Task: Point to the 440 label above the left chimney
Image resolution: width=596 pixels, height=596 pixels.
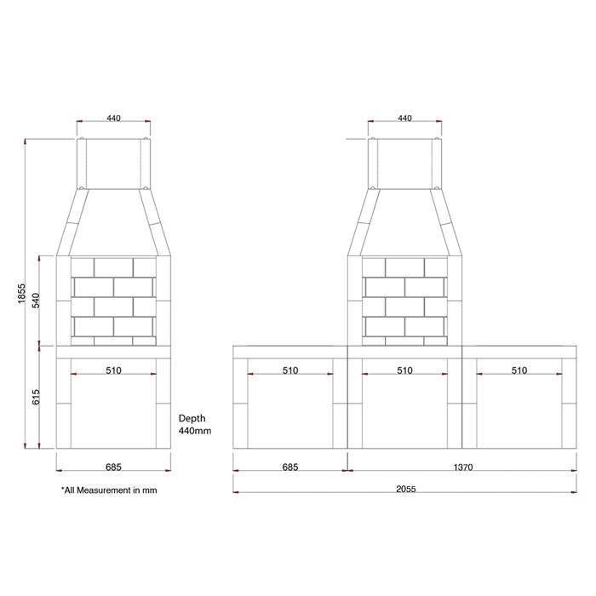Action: click(113, 118)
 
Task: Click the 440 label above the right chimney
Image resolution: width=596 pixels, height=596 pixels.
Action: click(404, 118)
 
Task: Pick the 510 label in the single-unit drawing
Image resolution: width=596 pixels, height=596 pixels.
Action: click(113, 370)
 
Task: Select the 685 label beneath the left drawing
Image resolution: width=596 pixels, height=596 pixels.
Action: click(113, 467)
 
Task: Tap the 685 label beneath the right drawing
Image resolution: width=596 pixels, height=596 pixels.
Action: click(290, 467)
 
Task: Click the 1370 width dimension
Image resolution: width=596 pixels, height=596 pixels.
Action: click(463, 467)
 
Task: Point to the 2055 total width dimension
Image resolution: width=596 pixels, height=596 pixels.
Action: click(404, 490)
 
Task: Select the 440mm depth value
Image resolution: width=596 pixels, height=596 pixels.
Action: click(194, 432)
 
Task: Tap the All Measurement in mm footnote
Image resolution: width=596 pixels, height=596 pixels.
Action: click(109, 490)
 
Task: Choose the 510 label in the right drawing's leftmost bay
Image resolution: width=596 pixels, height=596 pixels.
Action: click(290, 370)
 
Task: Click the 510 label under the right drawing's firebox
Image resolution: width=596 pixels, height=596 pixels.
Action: click(404, 370)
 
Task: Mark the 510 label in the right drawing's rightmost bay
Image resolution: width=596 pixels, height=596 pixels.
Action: click(519, 370)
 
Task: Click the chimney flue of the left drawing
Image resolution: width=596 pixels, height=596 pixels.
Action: click(113, 162)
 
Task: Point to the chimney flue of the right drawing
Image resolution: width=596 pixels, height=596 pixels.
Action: click(404, 162)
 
